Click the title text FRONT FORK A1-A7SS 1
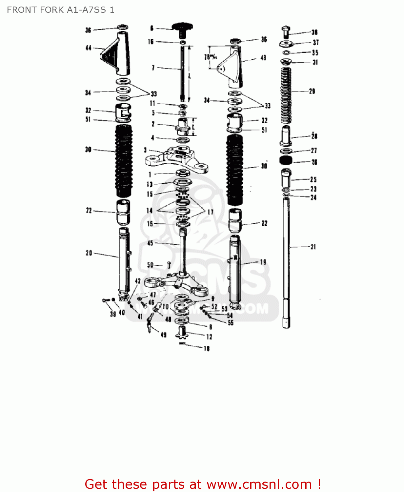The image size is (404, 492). coord(61,10)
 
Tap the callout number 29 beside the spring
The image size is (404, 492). coord(312,91)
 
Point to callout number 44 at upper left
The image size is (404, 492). coord(88,48)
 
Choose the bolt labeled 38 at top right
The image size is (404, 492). coord(285,32)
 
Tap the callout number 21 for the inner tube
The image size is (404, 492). coord(313,247)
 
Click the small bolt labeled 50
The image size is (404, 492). coord(169,264)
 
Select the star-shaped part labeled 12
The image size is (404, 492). coord(182,333)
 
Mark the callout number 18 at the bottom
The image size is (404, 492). coord(206,348)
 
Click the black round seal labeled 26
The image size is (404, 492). coord(286,160)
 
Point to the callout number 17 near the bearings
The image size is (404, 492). coord(210,212)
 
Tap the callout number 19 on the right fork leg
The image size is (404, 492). coord(263,262)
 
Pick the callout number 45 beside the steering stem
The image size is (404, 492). coord(150,243)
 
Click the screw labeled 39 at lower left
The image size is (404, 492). coord(105,300)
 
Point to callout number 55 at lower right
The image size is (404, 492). coord(231,322)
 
